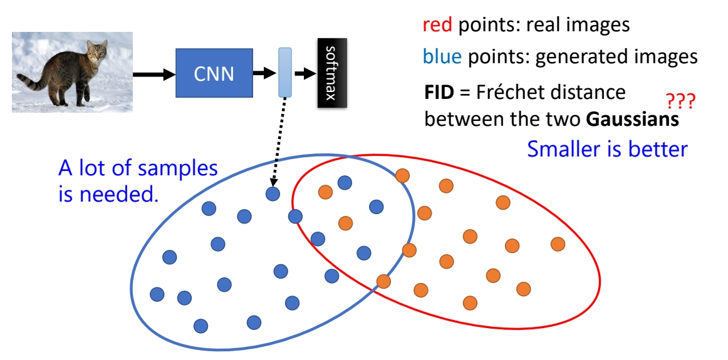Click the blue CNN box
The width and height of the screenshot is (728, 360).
coord(214,74)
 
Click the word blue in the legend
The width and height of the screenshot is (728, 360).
coord(442,57)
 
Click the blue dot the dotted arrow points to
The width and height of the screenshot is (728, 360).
coord(273,194)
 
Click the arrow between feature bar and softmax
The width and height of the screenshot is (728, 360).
coord(305,73)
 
